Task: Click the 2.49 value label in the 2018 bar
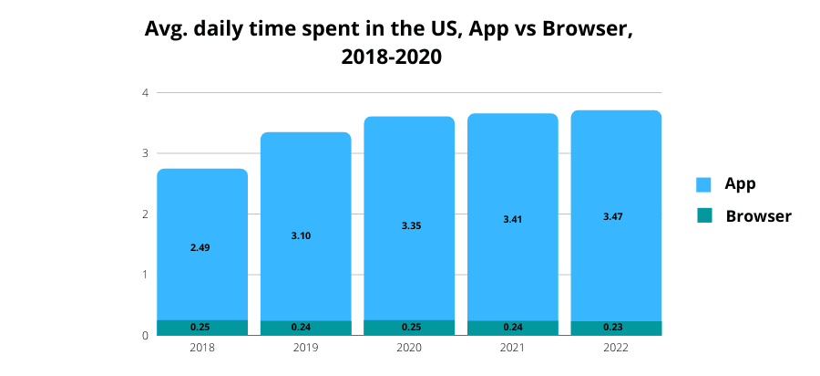[200, 247]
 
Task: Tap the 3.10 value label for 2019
[301, 235]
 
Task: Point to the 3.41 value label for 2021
[513, 219]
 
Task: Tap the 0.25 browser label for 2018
[200, 327]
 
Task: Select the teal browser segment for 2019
[273, 328]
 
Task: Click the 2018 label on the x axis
[200, 348]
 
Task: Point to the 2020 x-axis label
[409, 348]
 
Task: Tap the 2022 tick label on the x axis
[615, 348]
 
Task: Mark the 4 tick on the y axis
[145, 92]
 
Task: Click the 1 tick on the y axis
[145, 275]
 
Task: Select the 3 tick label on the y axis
[145, 153]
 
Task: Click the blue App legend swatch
[703, 184]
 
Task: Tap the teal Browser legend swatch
[703, 216]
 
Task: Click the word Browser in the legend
[758, 216]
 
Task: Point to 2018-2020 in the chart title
[391, 57]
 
